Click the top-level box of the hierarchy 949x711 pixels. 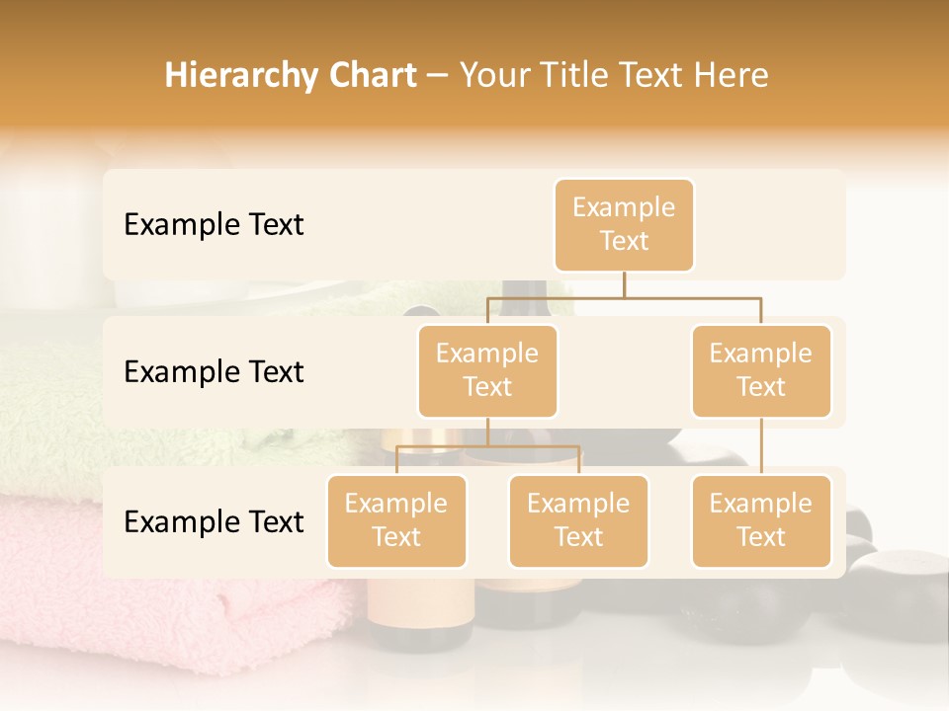click(624, 225)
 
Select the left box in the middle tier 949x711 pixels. click(487, 371)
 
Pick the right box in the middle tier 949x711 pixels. click(761, 371)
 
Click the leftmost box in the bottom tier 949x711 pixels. click(396, 521)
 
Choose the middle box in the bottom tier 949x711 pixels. click(578, 521)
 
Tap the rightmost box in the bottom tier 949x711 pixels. click(761, 521)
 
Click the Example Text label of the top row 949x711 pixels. click(214, 225)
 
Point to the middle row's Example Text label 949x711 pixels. click(214, 372)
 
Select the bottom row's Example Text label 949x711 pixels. click(214, 521)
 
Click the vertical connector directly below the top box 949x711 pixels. click(624, 284)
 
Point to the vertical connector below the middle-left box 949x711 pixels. click(487, 433)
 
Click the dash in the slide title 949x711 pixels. click(438, 77)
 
